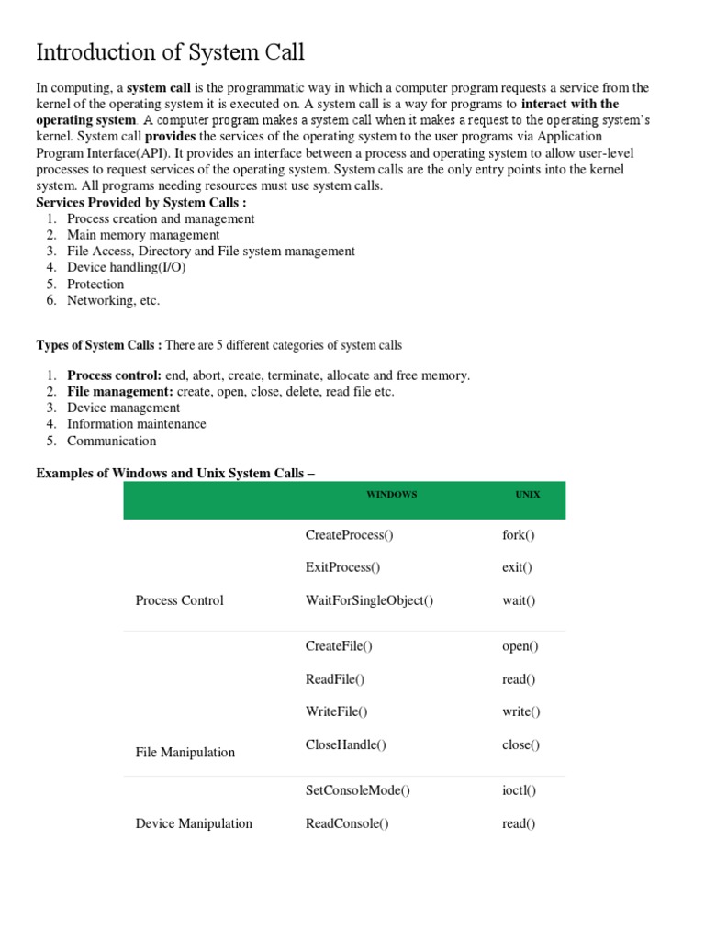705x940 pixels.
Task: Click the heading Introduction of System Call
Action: coord(170,52)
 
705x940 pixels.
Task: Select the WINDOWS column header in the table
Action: coord(391,494)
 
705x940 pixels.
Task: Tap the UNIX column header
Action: coord(527,494)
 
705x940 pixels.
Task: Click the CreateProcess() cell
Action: coord(341,534)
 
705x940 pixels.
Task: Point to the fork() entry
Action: coord(519,534)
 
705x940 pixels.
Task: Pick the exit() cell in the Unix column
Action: coord(517,567)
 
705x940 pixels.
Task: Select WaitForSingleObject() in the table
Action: coord(369,600)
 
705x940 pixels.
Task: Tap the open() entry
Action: coord(520,646)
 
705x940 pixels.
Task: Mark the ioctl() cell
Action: coord(520,789)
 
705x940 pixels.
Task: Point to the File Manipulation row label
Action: coord(185,752)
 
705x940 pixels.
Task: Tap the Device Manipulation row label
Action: coord(193,823)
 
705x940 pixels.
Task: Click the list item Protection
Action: coord(95,285)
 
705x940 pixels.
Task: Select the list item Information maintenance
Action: coord(136,424)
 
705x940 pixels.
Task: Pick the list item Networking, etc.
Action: coord(113,300)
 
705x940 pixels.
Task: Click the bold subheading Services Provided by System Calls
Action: coord(140,202)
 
